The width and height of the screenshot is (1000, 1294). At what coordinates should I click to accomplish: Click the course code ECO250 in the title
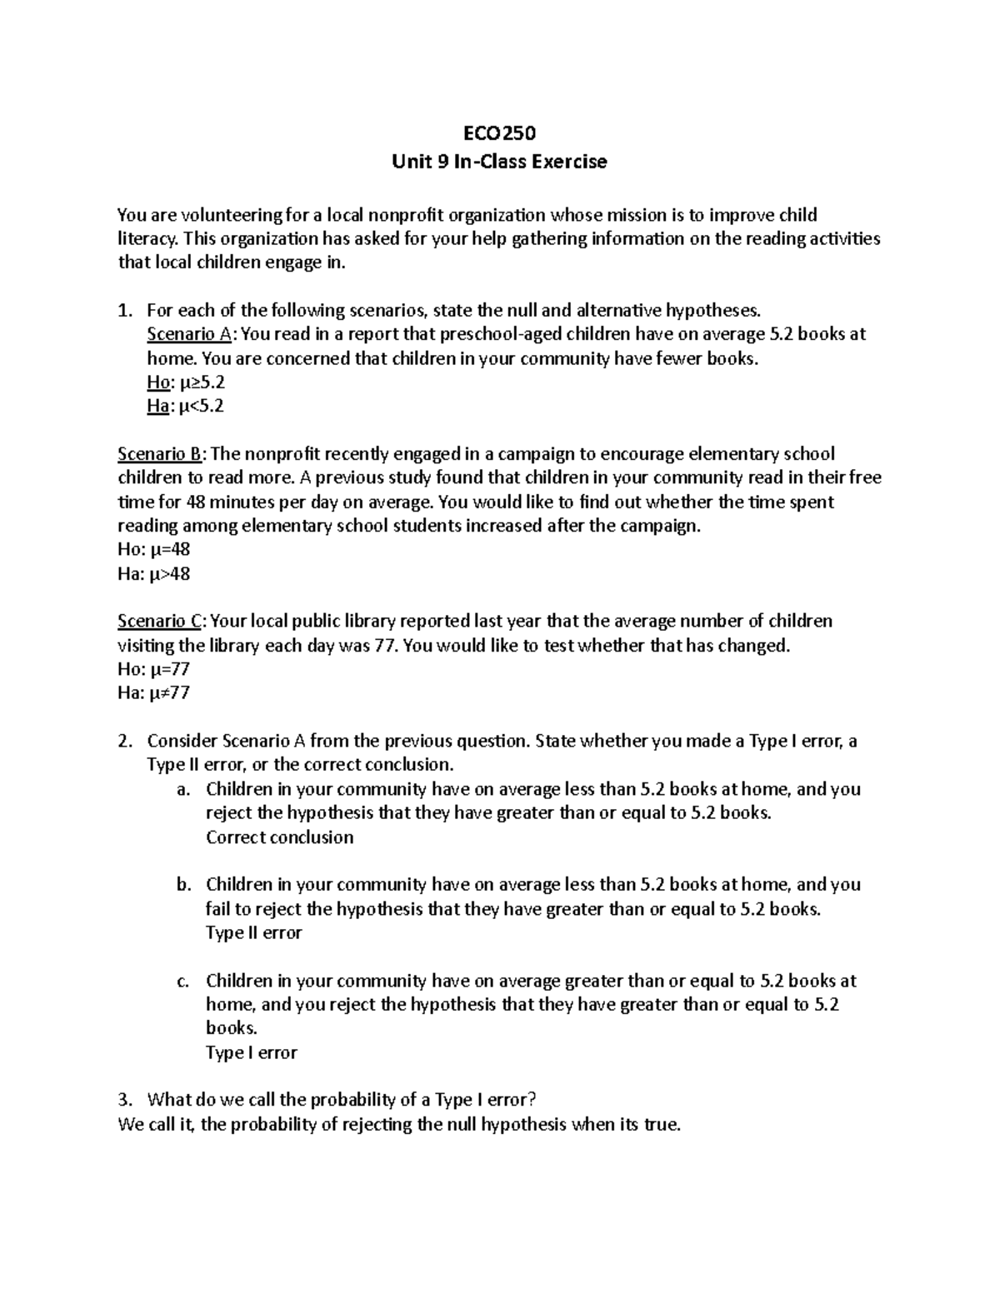(x=499, y=133)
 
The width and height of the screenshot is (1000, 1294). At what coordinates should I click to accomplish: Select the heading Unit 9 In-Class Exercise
(x=499, y=162)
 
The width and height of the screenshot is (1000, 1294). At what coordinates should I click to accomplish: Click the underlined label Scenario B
(x=162, y=454)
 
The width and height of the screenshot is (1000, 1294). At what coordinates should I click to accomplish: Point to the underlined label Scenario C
(x=162, y=622)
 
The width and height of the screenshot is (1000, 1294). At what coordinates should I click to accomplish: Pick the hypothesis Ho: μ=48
(x=154, y=550)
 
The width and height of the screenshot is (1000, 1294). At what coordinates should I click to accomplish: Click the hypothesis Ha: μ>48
(x=154, y=574)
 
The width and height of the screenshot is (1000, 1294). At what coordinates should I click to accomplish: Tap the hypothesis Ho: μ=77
(x=154, y=669)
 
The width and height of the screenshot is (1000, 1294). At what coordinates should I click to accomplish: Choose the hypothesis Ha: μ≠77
(x=154, y=693)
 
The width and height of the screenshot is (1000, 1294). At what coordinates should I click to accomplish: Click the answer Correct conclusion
(x=279, y=837)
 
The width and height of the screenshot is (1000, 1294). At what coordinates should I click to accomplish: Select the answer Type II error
(x=253, y=933)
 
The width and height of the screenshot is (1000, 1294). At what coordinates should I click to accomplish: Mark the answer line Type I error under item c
(x=251, y=1053)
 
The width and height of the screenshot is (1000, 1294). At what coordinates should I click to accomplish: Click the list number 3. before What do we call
(x=124, y=1101)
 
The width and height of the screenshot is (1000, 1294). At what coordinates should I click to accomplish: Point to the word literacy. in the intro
(x=147, y=239)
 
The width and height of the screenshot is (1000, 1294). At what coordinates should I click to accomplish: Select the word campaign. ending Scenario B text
(x=657, y=527)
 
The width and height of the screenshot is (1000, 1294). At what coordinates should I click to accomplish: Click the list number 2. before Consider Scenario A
(x=124, y=742)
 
